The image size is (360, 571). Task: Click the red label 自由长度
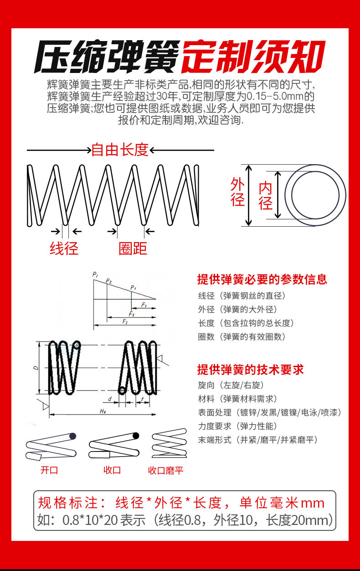click(120, 150)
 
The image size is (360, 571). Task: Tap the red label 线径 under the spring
click(64, 248)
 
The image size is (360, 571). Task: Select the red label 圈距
click(133, 248)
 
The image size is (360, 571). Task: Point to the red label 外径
click(238, 192)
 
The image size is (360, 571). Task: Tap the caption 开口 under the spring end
click(49, 470)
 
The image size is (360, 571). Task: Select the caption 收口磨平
click(165, 471)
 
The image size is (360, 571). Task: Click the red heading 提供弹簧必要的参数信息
click(262, 279)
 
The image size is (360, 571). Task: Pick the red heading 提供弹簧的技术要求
click(250, 369)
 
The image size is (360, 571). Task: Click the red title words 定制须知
click(253, 58)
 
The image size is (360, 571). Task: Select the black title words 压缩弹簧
click(107, 58)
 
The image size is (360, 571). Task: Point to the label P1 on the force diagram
click(133, 287)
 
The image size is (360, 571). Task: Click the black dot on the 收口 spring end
click(135, 436)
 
